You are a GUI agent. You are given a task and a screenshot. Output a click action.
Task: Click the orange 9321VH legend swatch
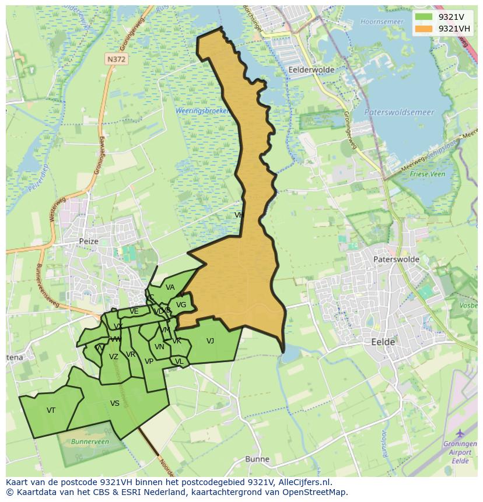425,29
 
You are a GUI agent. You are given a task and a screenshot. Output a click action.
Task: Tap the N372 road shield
116,59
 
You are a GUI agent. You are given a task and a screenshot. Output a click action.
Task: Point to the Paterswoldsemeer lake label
399,112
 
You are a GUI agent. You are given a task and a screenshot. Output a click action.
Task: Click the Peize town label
89,241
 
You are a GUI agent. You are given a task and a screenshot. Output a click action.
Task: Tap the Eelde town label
383,342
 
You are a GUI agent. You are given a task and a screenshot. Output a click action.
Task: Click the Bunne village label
257,459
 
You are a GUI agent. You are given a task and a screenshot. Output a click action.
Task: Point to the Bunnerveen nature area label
90,442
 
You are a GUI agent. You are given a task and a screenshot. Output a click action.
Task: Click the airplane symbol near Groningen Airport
460,433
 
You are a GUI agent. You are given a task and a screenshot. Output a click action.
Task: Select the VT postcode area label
51,410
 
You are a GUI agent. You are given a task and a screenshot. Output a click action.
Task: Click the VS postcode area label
114,403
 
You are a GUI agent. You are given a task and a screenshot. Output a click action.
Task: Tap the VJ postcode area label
210,341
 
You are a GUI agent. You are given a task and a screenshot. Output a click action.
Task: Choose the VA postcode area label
170,287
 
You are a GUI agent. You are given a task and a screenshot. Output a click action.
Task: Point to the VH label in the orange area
239,215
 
